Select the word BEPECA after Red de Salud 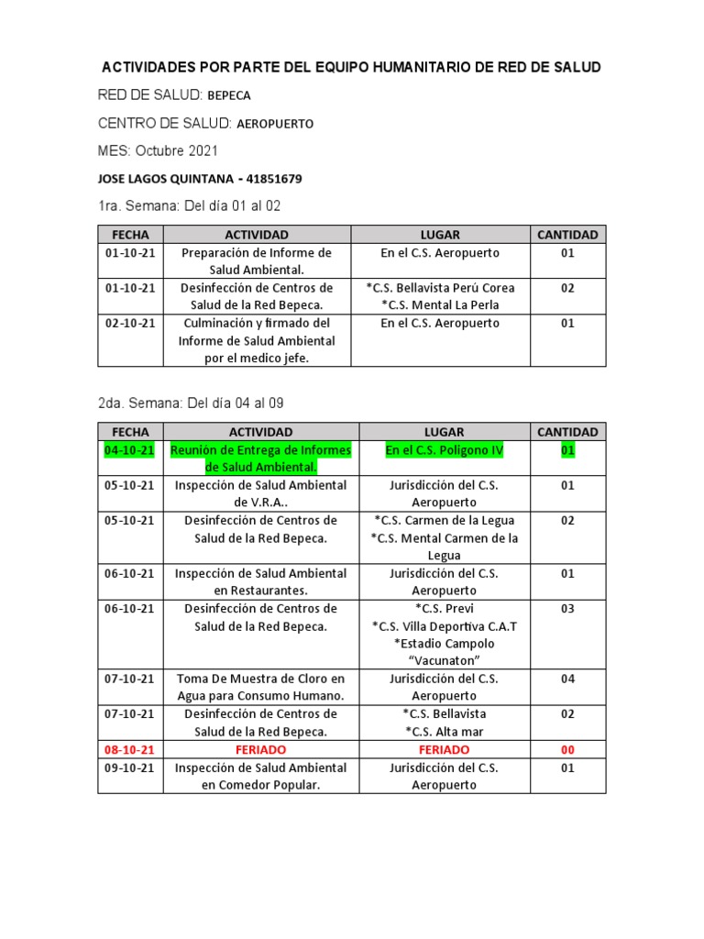(229, 95)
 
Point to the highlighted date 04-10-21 (130, 450)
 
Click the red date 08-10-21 (130, 750)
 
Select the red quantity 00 (567, 750)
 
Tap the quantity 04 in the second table (567, 679)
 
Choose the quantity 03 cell (567, 609)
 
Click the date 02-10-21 (130, 324)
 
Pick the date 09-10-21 (130, 768)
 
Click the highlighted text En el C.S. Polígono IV (445, 450)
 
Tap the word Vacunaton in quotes (445, 661)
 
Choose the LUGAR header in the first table (440, 235)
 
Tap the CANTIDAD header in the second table (567, 432)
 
